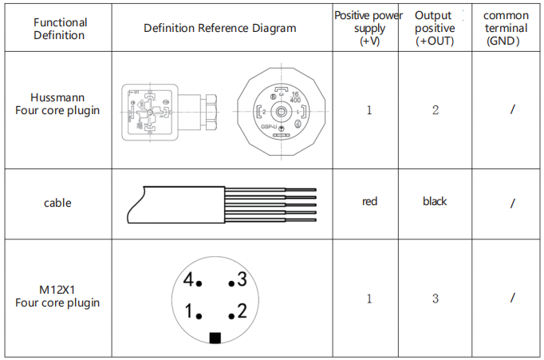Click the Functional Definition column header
click(60, 29)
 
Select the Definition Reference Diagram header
click(219, 28)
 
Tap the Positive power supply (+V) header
click(369, 28)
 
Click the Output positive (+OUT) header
click(435, 28)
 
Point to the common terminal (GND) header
click(506, 28)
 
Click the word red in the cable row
click(369, 201)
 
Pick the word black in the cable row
click(435, 201)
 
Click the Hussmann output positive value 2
click(436, 110)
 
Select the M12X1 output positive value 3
click(436, 299)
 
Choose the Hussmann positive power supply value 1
click(369, 110)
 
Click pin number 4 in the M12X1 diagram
click(188, 280)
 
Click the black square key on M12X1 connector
click(215, 338)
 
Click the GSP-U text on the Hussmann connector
click(268, 127)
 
